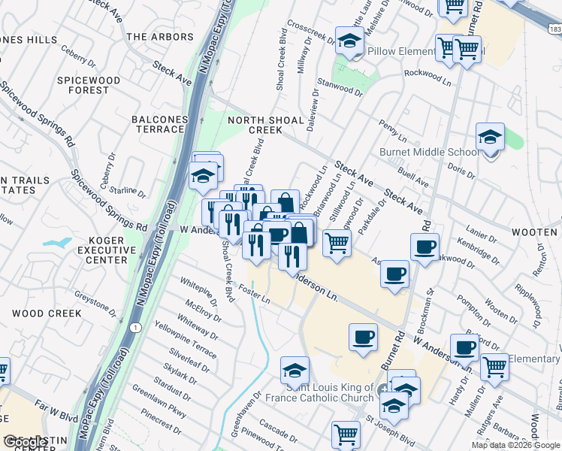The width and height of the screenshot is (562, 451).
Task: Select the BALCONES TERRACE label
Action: (159, 124)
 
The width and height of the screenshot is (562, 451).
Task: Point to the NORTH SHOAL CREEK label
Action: (265, 125)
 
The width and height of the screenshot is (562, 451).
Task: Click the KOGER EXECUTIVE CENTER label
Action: (107, 250)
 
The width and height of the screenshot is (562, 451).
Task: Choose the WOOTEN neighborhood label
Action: (534, 233)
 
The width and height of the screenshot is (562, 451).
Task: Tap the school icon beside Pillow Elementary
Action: (349, 44)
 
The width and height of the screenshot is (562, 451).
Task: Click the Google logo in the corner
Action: (24, 442)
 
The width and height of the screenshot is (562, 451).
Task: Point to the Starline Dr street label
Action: (128, 191)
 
